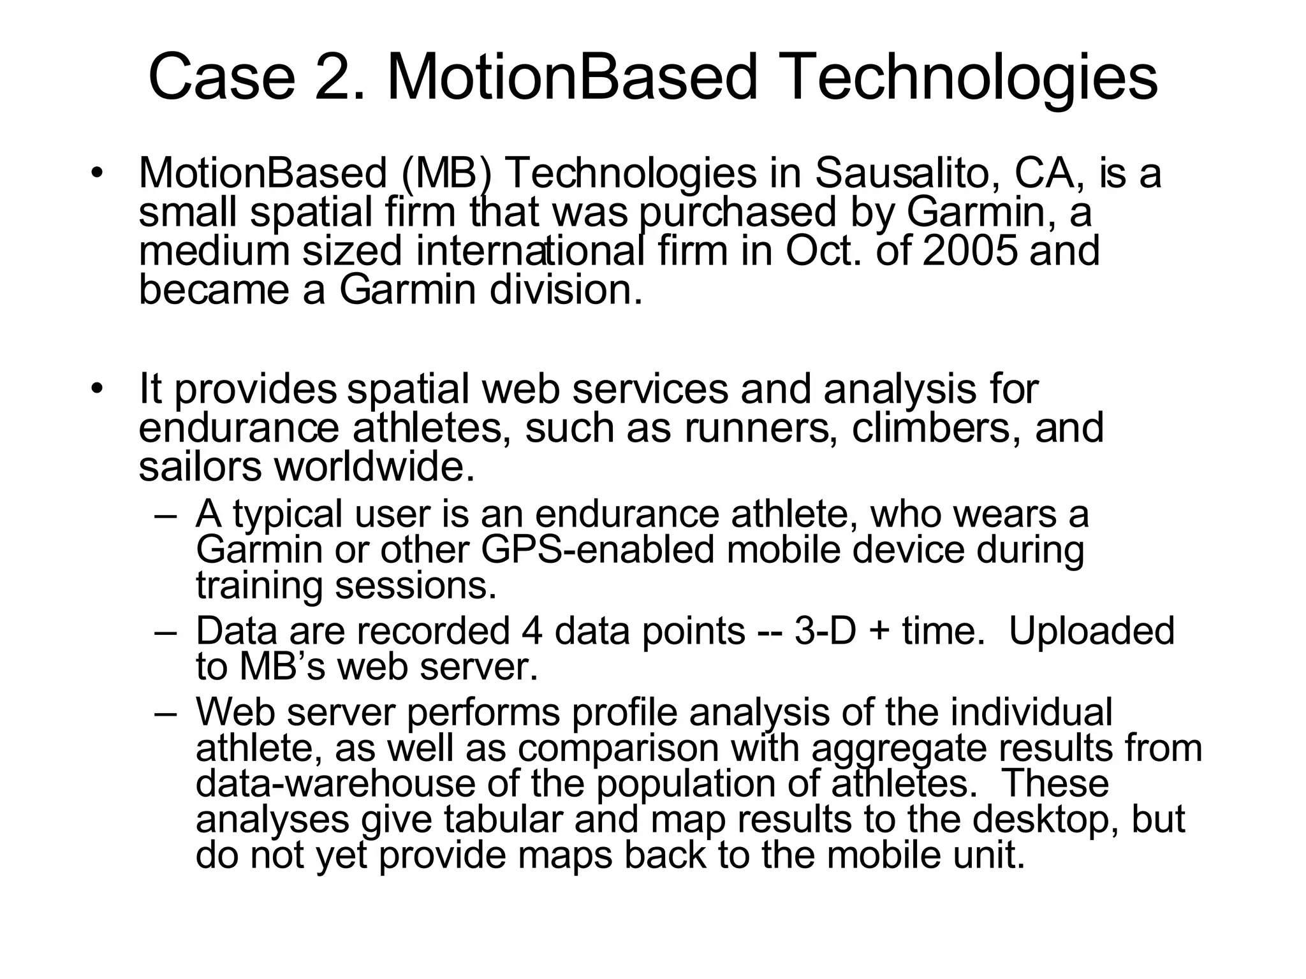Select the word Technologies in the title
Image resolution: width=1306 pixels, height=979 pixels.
(x=972, y=78)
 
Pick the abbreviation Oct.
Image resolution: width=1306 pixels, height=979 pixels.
(x=821, y=251)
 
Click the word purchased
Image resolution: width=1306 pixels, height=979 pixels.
(x=737, y=213)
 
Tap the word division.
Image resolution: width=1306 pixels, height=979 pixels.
(x=565, y=290)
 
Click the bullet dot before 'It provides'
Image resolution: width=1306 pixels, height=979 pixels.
(x=96, y=388)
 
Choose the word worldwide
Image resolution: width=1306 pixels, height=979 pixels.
(x=375, y=467)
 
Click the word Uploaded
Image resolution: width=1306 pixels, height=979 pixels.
(x=1092, y=631)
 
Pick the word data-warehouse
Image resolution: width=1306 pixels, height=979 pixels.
(x=335, y=783)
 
